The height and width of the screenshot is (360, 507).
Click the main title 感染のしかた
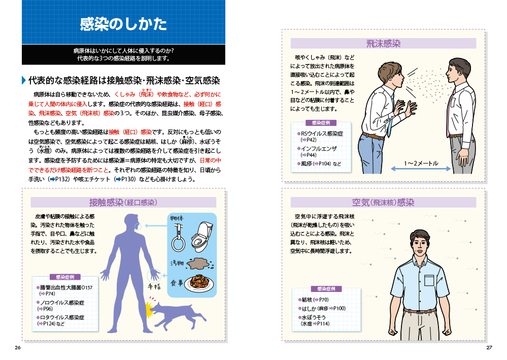(x=123, y=24)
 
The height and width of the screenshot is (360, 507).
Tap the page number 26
(x=18, y=348)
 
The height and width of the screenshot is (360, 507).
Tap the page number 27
(x=489, y=348)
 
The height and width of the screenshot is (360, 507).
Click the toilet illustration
(x=201, y=236)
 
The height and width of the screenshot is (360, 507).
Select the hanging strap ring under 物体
(x=178, y=238)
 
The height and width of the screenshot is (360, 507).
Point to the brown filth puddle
(x=200, y=264)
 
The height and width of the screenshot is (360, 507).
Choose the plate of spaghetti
(x=200, y=284)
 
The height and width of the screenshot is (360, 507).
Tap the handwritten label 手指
(x=154, y=286)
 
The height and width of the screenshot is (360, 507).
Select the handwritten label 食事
(x=177, y=283)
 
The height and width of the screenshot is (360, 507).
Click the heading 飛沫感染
(x=383, y=44)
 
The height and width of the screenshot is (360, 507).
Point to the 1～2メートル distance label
(x=421, y=163)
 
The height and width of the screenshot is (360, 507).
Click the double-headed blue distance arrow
(x=421, y=169)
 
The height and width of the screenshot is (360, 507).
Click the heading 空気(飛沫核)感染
(x=383, y=203)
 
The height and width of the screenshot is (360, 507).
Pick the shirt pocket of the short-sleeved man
(x=429, y=280)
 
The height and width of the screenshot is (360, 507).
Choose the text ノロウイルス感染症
(x=62, y=303)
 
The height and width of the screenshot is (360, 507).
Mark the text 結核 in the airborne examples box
(x=307, y=300)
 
